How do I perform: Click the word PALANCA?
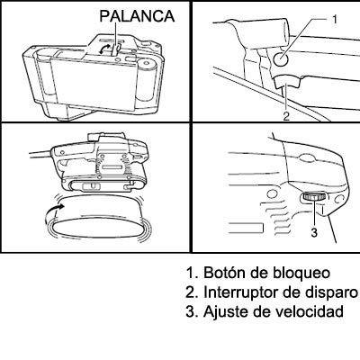(x=137, y=16)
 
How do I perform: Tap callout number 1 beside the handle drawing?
(x=335, y=19)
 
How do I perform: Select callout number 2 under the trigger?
(x=286, y=116)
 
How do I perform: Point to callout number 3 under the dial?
(x=314, y=232)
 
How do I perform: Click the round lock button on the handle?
(x=282, y=58)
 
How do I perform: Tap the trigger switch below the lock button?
(x=287, y=82)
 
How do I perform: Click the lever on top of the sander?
(x=115, y=49)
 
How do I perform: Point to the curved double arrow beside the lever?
(x=104, y=49)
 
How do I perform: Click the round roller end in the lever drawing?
(x=147, y=63)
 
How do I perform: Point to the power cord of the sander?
(x=41, y=154)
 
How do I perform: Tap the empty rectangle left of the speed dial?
(x=246, y=228)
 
